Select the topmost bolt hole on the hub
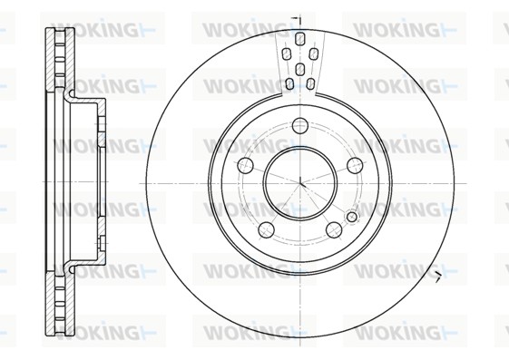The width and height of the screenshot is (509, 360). [x=300, y=125]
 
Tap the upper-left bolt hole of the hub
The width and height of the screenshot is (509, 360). [x=245, y=165]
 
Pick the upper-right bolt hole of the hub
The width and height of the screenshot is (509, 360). [x=355, y=165]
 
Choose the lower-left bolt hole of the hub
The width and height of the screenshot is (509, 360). [x=266, y=229]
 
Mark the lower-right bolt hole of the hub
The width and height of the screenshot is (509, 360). [x=334, y=229]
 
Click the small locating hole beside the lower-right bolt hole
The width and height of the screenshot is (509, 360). [x=352, y=217]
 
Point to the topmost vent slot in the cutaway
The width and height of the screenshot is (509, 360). [x=300, y=38]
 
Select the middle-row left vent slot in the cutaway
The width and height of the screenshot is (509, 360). [x=286, y=54]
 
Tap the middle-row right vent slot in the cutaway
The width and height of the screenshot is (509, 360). [x=313, y=54]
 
